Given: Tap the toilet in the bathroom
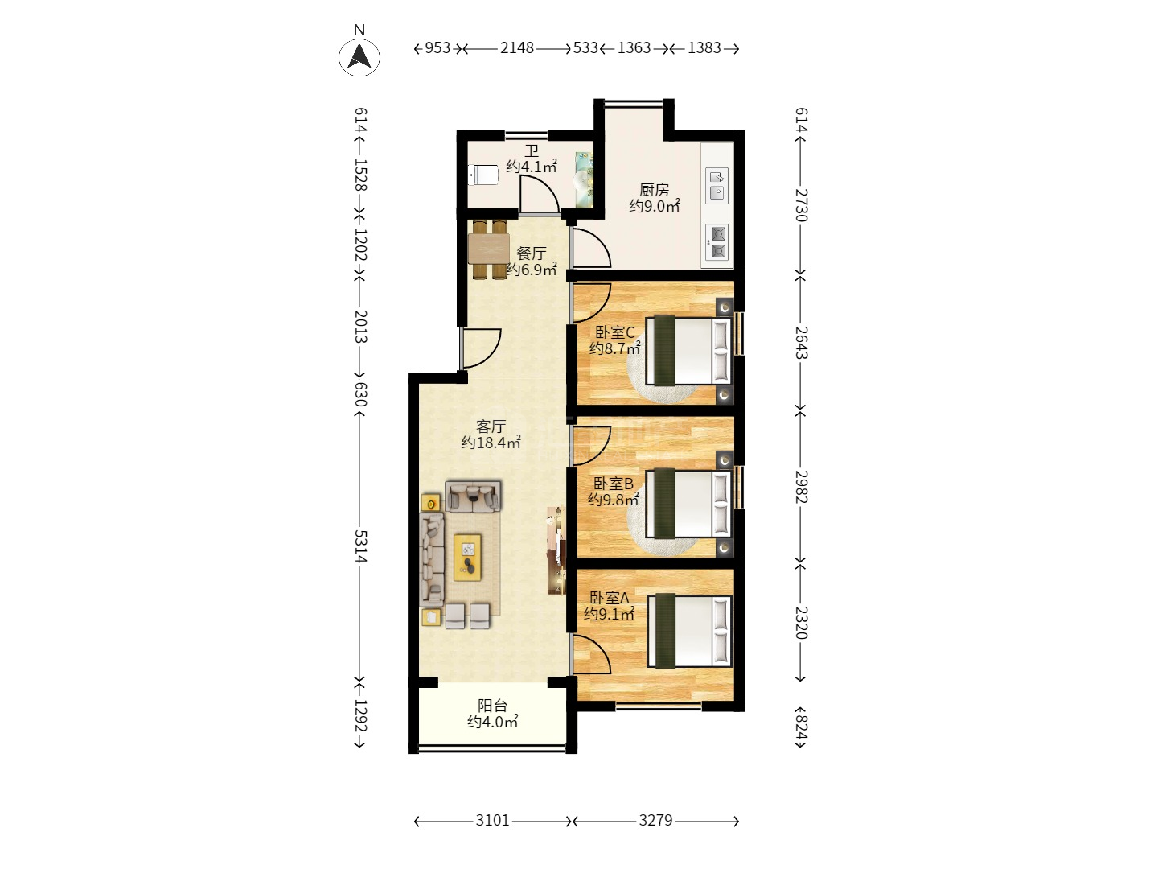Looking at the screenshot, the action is pyautogui.click(x=482, y=175).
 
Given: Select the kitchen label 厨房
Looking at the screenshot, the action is pyautogui.click(x=654, y=189).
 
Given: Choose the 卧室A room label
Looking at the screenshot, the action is pyautogui.click(x=610, y=598).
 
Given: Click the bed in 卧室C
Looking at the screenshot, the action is pyautogui.click(x=688, y=350).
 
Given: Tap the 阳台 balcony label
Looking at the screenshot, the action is pyautogui.click(x=492, y=706).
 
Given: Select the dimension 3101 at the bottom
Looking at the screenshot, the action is pyautogui.click(x=492, y=820).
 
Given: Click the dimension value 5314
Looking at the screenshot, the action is pyautogui.click(x=359, y=546).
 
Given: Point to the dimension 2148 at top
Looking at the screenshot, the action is pyautogui.click(x=517, y=48).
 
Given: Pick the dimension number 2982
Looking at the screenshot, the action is pyautogui.click(x=801, y=487).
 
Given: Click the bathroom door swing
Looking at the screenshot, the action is pyautogui.click(x=539, y=196).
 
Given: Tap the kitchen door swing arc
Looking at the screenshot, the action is pyautogui.click(x=592, y=248).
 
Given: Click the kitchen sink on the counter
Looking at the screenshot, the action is pyautogui.click(x=717, y=186).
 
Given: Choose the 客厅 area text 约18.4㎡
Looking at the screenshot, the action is pyautogui.click(x=491, y=443).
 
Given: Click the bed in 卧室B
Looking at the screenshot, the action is pyautogui.click(x=688, y=505).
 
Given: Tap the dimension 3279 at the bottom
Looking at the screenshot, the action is pyautogui.click(x=655, y=820).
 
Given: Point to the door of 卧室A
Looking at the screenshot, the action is pyautogui.click(x=592, y=654).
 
